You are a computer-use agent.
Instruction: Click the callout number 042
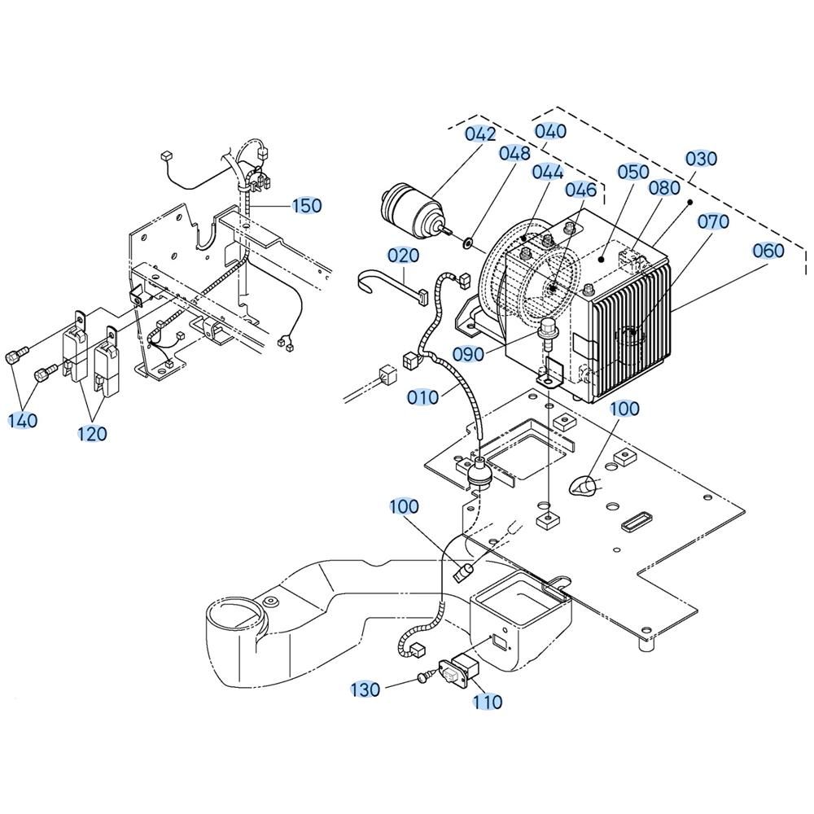pos(480,134)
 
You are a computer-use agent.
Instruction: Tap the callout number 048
pos(515,153)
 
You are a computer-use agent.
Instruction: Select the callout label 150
pos(307,206)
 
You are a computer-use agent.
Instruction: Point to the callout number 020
pos(404,256)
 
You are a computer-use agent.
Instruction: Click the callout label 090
pos(468,355)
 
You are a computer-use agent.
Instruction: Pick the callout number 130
pos(365,689)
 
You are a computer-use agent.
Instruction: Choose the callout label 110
pos(488,702)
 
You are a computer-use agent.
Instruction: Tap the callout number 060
pos(768,251)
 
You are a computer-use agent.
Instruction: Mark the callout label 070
pos(713,221)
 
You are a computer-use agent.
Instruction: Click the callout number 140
pos(23,420)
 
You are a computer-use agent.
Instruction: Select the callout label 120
pos(92,434)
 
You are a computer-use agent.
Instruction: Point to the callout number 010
pos(422,398)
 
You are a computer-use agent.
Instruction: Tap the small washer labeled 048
pos(468,242)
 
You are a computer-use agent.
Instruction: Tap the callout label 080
pos(664,188)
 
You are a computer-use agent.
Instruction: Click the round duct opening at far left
pos(234,614)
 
